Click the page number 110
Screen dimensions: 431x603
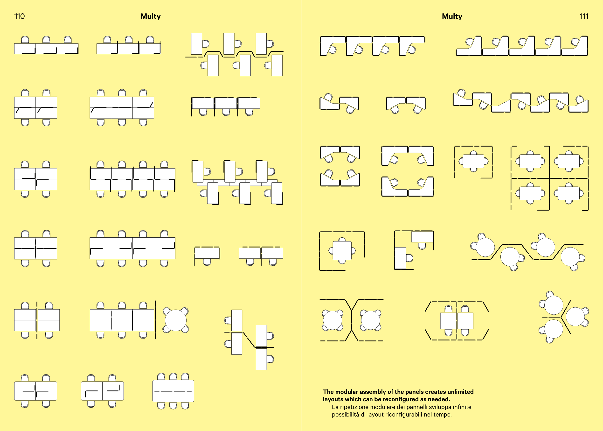coord(19,16)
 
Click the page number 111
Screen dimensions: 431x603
coord(584,16)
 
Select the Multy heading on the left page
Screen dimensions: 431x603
coord(151,16)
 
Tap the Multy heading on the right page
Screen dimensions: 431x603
coord(452,16)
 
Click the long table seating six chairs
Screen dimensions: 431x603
coord(173,391)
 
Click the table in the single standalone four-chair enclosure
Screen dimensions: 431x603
coord(473,161)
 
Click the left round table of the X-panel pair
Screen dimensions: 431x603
coord(333,320)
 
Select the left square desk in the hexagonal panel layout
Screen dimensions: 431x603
coord(448,321)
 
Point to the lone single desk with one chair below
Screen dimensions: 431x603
coord(207,253)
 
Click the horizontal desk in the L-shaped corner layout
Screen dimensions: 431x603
coord(422,237)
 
